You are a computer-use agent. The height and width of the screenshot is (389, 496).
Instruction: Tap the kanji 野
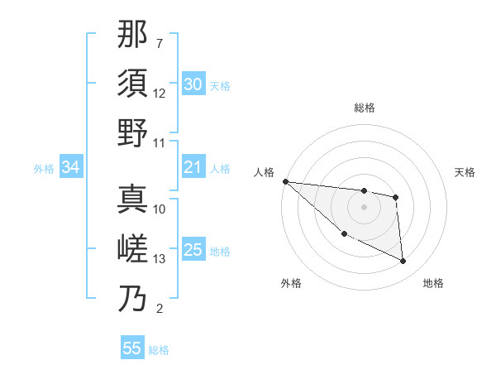pyautogui.click(x=132, y=132)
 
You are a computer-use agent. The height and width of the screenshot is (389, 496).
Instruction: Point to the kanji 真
pyautogui.click(x=132, y=199)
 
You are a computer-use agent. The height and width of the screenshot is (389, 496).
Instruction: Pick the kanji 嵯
pyautogui.click(x=132, y=248)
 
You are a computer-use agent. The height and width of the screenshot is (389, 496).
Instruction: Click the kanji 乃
pyautogui.click(x=132, y=298)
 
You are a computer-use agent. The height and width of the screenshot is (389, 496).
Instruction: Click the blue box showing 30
pyautogui.click(x=193, y=84)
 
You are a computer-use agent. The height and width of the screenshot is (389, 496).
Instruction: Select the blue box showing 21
pyautogui.click(x=193, y=168)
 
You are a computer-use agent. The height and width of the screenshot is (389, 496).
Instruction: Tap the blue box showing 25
pyautogui.click(x=193, y=251)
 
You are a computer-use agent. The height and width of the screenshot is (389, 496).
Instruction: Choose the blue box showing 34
pyautogui.click(x=70, y=168)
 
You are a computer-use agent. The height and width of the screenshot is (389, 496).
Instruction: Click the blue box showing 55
pyautogui.click(x=132, y=348)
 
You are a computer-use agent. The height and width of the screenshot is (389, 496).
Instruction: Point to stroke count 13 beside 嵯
pyautogui.click(x=160, y=259)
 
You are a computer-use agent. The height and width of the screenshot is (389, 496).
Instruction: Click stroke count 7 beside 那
pyautogui.click(x=160, y=43)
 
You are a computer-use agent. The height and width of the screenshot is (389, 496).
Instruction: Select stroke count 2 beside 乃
pyautogui.click(x=160, y=309)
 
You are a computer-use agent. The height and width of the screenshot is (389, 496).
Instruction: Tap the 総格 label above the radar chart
pyautogui.click(x=365, y=108)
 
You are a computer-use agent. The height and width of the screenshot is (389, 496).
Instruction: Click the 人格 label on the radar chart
pyautogui.click(x=265, y=172)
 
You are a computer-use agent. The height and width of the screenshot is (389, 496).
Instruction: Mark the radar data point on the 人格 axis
pyautogui.click(x=285, y=181)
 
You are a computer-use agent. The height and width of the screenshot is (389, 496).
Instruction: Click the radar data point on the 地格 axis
pyautogui.click(x=403, y=262)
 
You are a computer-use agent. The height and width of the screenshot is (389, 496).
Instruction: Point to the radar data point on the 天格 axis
pyautogui.click(x=396, y=197)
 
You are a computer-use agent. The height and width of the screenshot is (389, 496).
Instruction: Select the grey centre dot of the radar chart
pyautogui.click(x=365, y=207)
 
